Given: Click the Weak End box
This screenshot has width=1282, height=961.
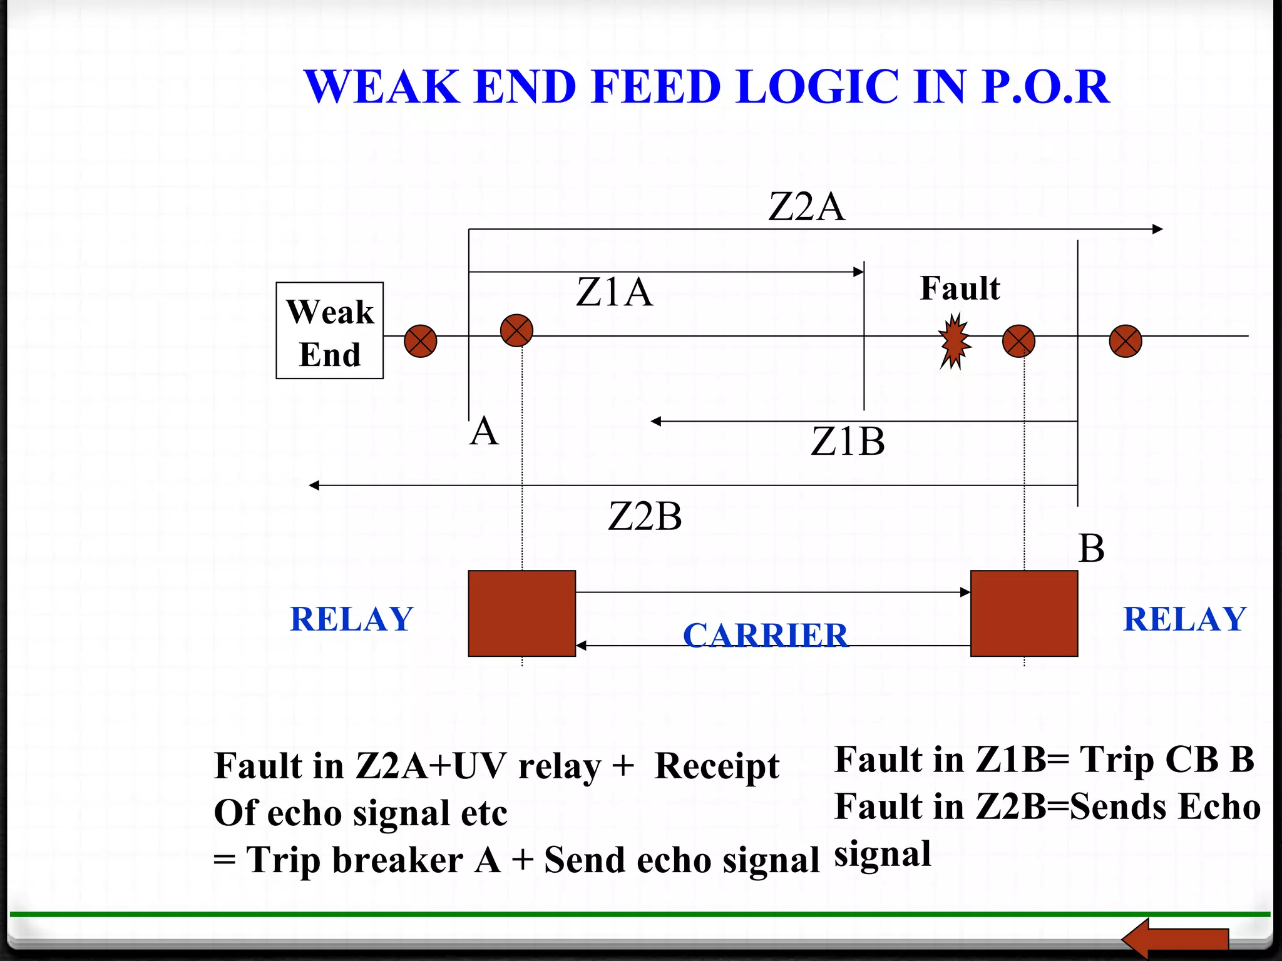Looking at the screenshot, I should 330,330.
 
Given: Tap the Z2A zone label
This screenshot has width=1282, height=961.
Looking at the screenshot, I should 806,207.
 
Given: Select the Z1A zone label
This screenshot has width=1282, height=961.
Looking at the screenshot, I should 614,292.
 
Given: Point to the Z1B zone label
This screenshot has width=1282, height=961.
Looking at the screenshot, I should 848,442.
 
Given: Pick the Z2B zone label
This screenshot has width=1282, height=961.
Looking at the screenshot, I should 645,517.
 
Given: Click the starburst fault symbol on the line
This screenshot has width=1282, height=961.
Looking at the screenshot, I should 954,342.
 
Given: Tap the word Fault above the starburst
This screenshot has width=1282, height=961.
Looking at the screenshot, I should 960,288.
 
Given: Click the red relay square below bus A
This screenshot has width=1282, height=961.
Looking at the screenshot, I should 521,613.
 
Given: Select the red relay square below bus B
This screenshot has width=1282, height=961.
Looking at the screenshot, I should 1024,613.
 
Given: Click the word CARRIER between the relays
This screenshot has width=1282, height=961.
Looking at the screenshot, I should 765,635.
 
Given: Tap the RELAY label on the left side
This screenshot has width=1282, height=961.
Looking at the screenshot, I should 352,619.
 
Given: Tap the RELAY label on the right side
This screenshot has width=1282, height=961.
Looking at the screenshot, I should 1185,619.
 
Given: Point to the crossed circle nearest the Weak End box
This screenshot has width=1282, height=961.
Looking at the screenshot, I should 420,341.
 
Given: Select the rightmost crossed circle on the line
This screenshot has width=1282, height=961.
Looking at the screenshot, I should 1126,341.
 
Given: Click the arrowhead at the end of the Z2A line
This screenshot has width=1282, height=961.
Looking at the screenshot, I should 1157,229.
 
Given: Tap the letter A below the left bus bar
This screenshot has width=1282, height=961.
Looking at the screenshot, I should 484,432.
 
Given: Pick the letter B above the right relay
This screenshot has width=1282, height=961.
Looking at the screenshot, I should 1091,549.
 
